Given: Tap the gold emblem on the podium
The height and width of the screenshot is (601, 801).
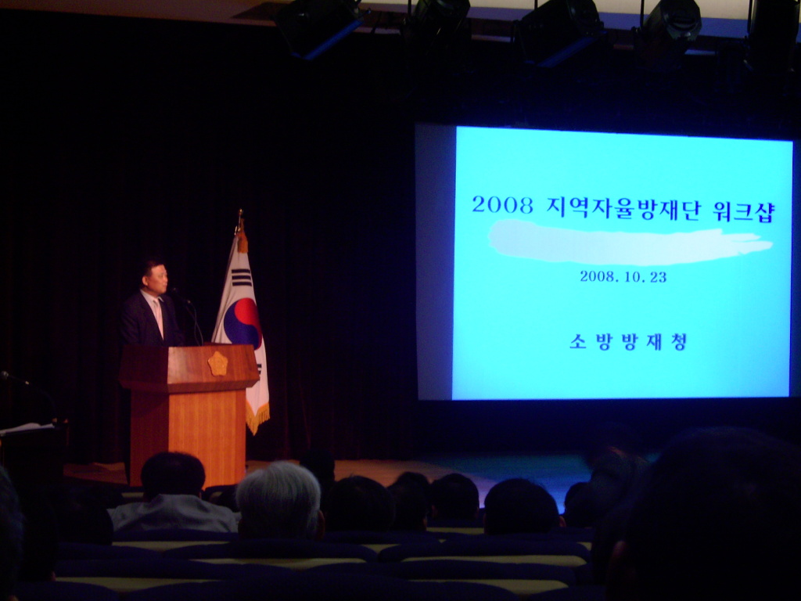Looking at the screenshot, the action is pyautogui.click(x=217, y=363).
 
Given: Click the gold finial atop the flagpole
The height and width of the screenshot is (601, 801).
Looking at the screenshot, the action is pyautogui.click(x=239, y=220).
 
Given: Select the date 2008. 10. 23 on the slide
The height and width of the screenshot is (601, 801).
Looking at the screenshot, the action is pyautogui.click(x=623, y=277).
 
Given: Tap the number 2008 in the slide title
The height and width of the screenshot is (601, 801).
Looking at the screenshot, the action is pyautogui.click(x=503, y=205).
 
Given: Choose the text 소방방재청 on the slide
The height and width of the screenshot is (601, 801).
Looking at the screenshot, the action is pyautogui.click(x=627, y=342).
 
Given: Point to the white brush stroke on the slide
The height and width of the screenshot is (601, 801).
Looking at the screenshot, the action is pyautogui.click(x=628, y=243).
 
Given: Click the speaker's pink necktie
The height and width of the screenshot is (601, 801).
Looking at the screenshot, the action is pyautogui.click(x=159, y=317).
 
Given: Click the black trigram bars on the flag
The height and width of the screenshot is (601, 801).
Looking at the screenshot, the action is pyautogui.click(x=241, y=277).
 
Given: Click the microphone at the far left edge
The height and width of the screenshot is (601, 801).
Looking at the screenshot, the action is pyautogui.click(x=13, y=378).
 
